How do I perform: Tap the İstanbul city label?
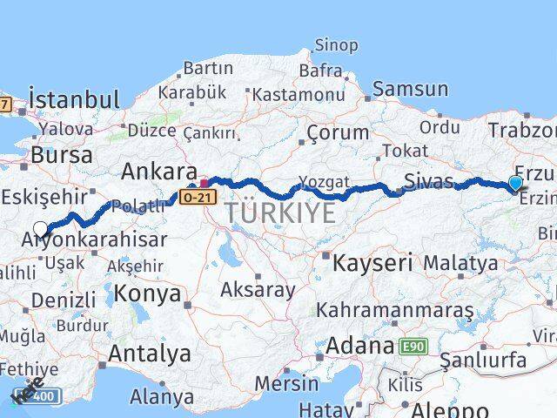pos(73,98)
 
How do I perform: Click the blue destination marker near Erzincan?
pos(515,183)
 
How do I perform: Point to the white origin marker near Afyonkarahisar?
pos(41,229)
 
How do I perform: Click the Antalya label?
pos(150,354)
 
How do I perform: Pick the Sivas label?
pos(428,182)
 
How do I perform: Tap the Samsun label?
pos(411,88)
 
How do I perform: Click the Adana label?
pos(359,346)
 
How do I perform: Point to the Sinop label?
pos(335,44)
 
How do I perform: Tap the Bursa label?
pos(61,155)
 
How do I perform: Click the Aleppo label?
pos(451,409)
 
